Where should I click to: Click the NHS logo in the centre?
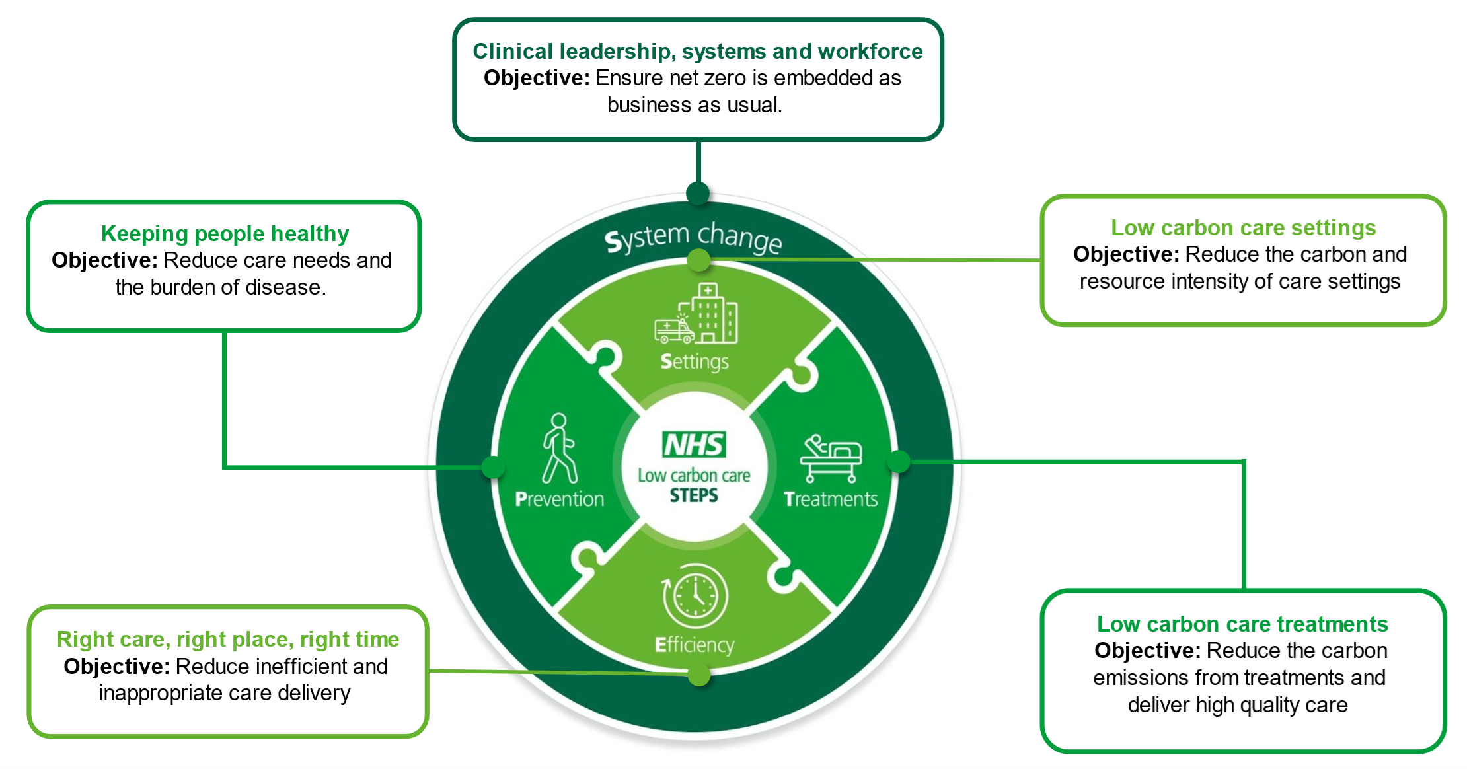694,445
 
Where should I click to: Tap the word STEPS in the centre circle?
694,495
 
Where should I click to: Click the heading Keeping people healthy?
225,234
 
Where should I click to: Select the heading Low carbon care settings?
1243,228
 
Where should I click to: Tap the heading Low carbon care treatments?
1242,624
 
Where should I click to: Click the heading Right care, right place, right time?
228,640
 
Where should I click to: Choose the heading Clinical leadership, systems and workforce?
698,52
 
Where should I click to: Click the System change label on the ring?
693,238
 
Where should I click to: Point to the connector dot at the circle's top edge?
698,193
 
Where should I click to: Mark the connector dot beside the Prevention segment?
493,467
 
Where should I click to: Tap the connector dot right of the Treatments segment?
899,461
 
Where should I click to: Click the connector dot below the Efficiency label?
698,675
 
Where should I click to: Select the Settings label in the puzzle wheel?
695,362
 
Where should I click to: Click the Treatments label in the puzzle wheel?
831,499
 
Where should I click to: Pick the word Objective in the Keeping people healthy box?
104,260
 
